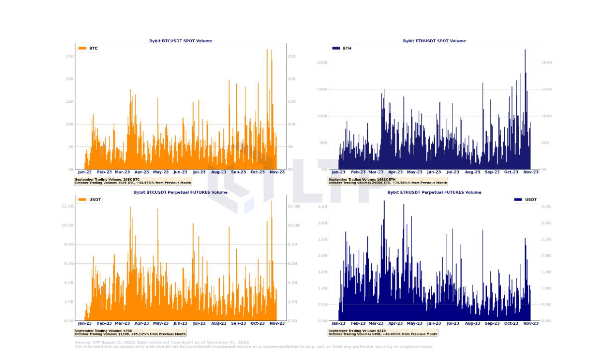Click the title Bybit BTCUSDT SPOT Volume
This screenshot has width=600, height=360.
(181, 41)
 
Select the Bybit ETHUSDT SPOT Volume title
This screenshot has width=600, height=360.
(434, 41)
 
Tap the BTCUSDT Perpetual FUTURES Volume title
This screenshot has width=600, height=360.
(181, 192)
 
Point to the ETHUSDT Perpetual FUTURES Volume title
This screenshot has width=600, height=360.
(434, 192)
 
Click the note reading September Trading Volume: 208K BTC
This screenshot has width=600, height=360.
(107, 179)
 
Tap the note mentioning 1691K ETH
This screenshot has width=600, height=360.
(362, 179)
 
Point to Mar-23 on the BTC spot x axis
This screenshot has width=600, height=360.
(123, 172)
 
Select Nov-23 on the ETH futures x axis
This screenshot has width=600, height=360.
(531, 323)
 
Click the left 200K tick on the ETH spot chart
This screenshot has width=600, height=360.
(322, 63)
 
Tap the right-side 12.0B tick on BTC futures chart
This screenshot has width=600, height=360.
(294, 206)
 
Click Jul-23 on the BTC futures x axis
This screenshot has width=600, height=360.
(199, 323)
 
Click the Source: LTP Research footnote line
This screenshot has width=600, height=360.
(162, 343)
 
